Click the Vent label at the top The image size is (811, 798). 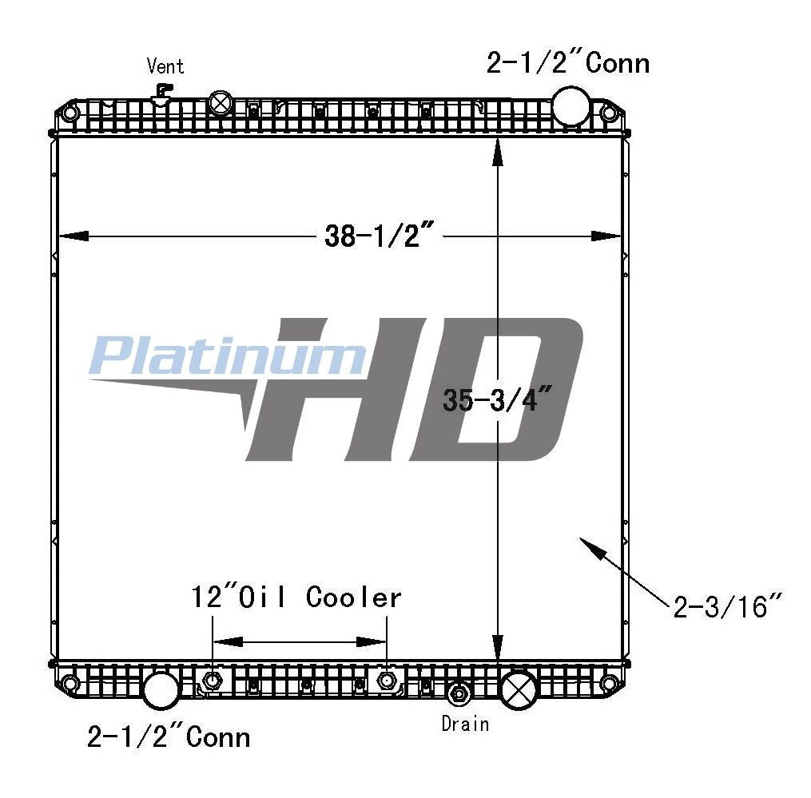pos(165,66)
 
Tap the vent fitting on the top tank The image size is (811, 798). pos(162,93)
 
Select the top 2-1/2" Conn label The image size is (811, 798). pos(567,63)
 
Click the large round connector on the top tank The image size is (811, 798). pos(571,106)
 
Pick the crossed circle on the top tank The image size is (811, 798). pos(220,103)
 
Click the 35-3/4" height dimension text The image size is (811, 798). pos(499,399)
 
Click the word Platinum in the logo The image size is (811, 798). pos(228,356)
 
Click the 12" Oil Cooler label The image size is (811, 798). pos(296,597)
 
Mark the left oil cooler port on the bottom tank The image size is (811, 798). pos(212,681)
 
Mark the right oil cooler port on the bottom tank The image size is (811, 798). pos(388,681)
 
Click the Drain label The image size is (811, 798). pos(465,724)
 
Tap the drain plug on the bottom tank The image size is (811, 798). pos(459,693)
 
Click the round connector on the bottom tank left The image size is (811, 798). pos(161,690)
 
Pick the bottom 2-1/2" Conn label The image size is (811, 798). pos(169,736)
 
